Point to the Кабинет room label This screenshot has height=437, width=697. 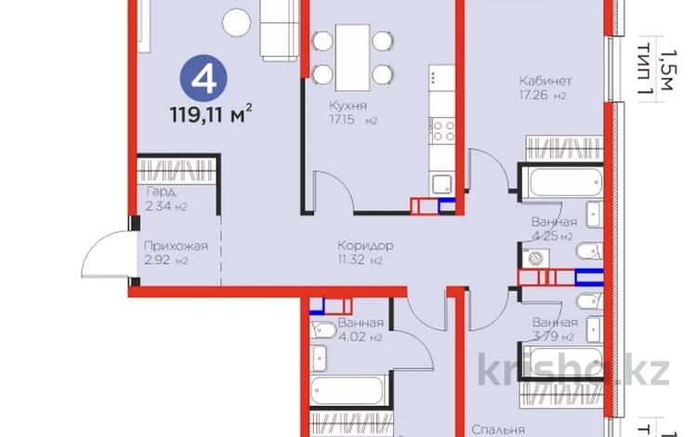(546, 80)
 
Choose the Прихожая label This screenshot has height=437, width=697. (169, 246)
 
